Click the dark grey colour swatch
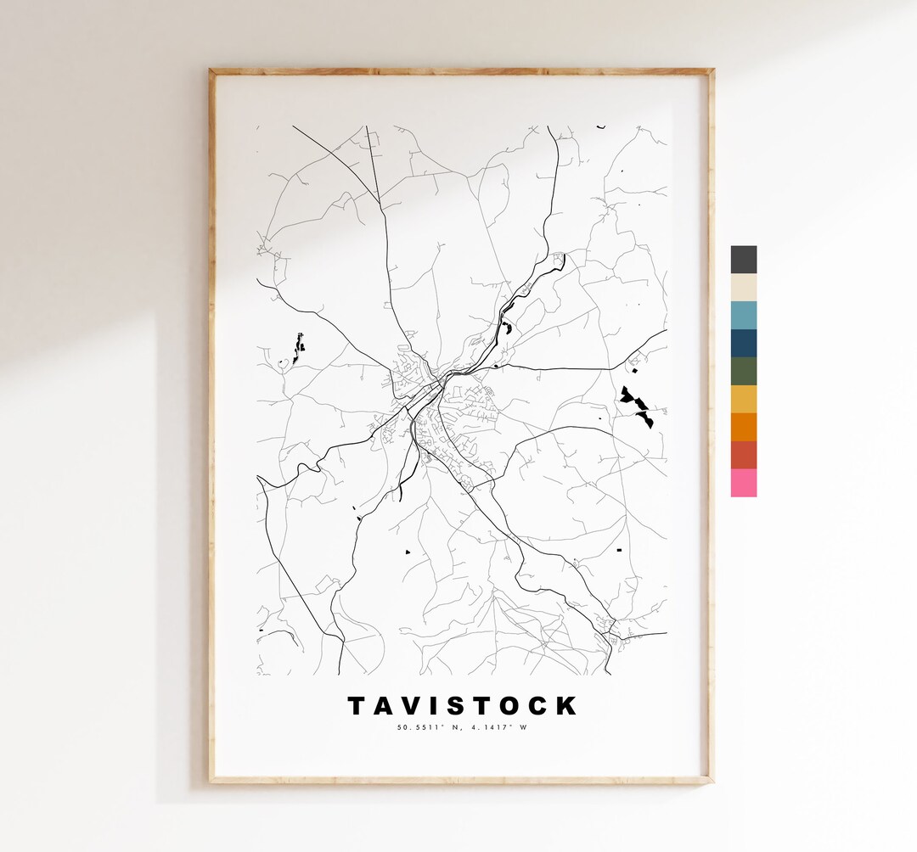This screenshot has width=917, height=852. (x=743, y=260)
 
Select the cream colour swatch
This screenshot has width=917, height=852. (x=743, y=288)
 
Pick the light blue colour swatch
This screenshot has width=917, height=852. (x=743, y=315)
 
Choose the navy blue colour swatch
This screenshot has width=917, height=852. (x=743, y=343)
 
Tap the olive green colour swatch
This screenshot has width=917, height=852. (x=743, y=371)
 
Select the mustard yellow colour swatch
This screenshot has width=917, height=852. (x=743, y=399)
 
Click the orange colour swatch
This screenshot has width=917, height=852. (x=743, y=427)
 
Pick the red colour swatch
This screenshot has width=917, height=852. (x=743, y=455)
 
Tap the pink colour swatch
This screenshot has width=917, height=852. (x=743, y=483)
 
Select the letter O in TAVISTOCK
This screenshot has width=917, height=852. (x=515, y=706)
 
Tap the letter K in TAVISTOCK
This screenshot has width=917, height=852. (x=567, y=706)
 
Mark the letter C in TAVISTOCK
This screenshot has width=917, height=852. (x=541, y=706)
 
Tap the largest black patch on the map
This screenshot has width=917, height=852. (x=637, y=406)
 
